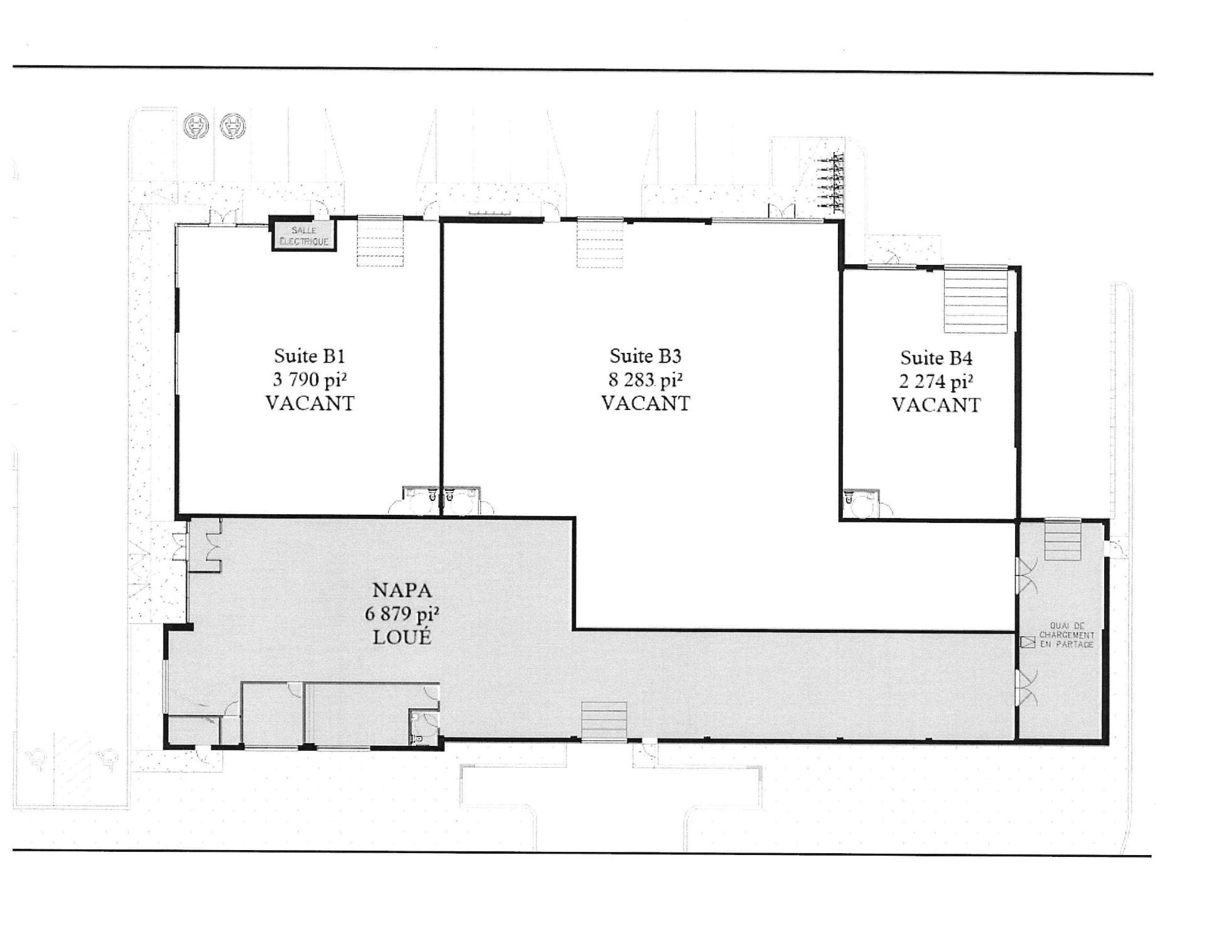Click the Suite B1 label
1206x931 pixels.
pyautogui.click(x=310, y=357)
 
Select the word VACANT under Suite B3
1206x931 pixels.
pyautogui.click(x=646, y=403)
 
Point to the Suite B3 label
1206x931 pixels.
pyautogui.click(x=646, y=357)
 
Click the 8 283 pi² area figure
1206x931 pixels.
pyautogui.click(x=646, y=380)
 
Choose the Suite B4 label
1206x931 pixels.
pyautogui.click(x=937, y=358)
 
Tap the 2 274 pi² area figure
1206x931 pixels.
pyautogui.click(x=937, y=382)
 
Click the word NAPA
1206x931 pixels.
pyautogui.click(x=403, y=591)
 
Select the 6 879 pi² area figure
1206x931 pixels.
pyautogui.click(x=403, y=614)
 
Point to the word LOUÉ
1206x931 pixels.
pyautogui.click(x=403, y=637)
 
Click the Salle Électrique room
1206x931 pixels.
pyautogui.click(x=303, y=234)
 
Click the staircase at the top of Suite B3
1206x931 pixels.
pyautogui.click(x=600, y=242)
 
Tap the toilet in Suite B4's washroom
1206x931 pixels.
pyautogui.click(x=850, y=499)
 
